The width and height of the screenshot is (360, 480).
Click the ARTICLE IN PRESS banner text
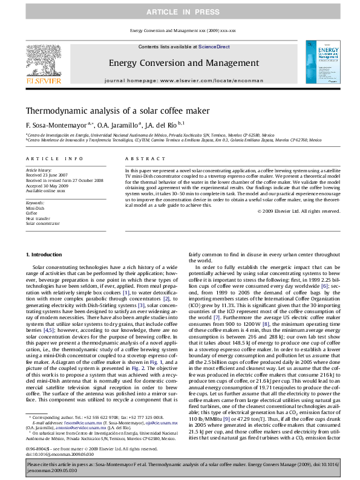pyautogui.click(x=180, y=12)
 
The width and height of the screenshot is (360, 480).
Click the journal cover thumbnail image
pyautogui.click(x=318, y=62)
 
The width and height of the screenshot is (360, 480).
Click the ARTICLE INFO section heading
pyautogui.click(x=54, y=158)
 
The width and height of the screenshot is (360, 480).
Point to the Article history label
pyautogui.click(x=39, y=171)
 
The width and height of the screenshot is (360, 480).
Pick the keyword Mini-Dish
pyautogui.click(x=34, y=208)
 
